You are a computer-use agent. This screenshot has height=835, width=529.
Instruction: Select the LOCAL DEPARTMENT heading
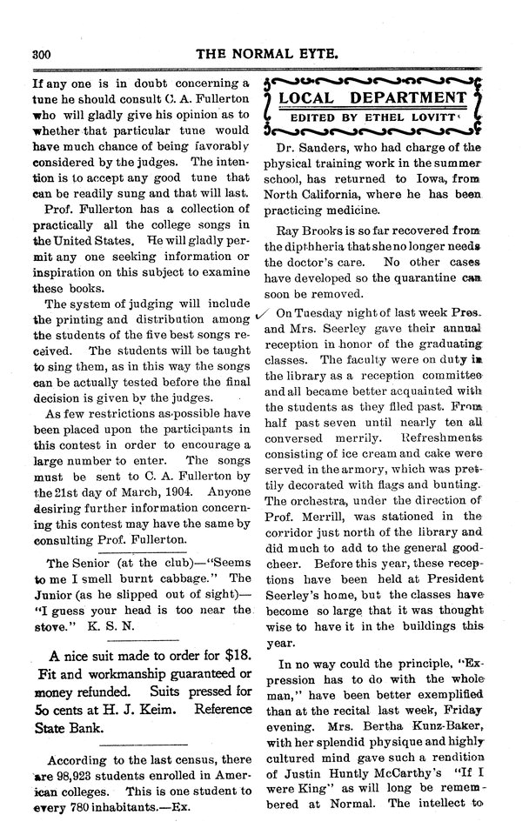(x=376, y=98)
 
